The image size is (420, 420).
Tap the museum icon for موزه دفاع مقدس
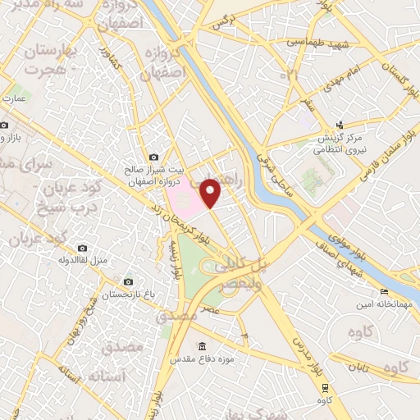(203, 345)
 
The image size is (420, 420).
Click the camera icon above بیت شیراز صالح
(153, 157)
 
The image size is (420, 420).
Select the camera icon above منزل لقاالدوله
(81, 248)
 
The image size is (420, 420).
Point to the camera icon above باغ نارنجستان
(126, 281)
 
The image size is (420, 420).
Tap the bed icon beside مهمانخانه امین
(384, 293)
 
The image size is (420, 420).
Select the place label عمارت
(15, 98)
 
